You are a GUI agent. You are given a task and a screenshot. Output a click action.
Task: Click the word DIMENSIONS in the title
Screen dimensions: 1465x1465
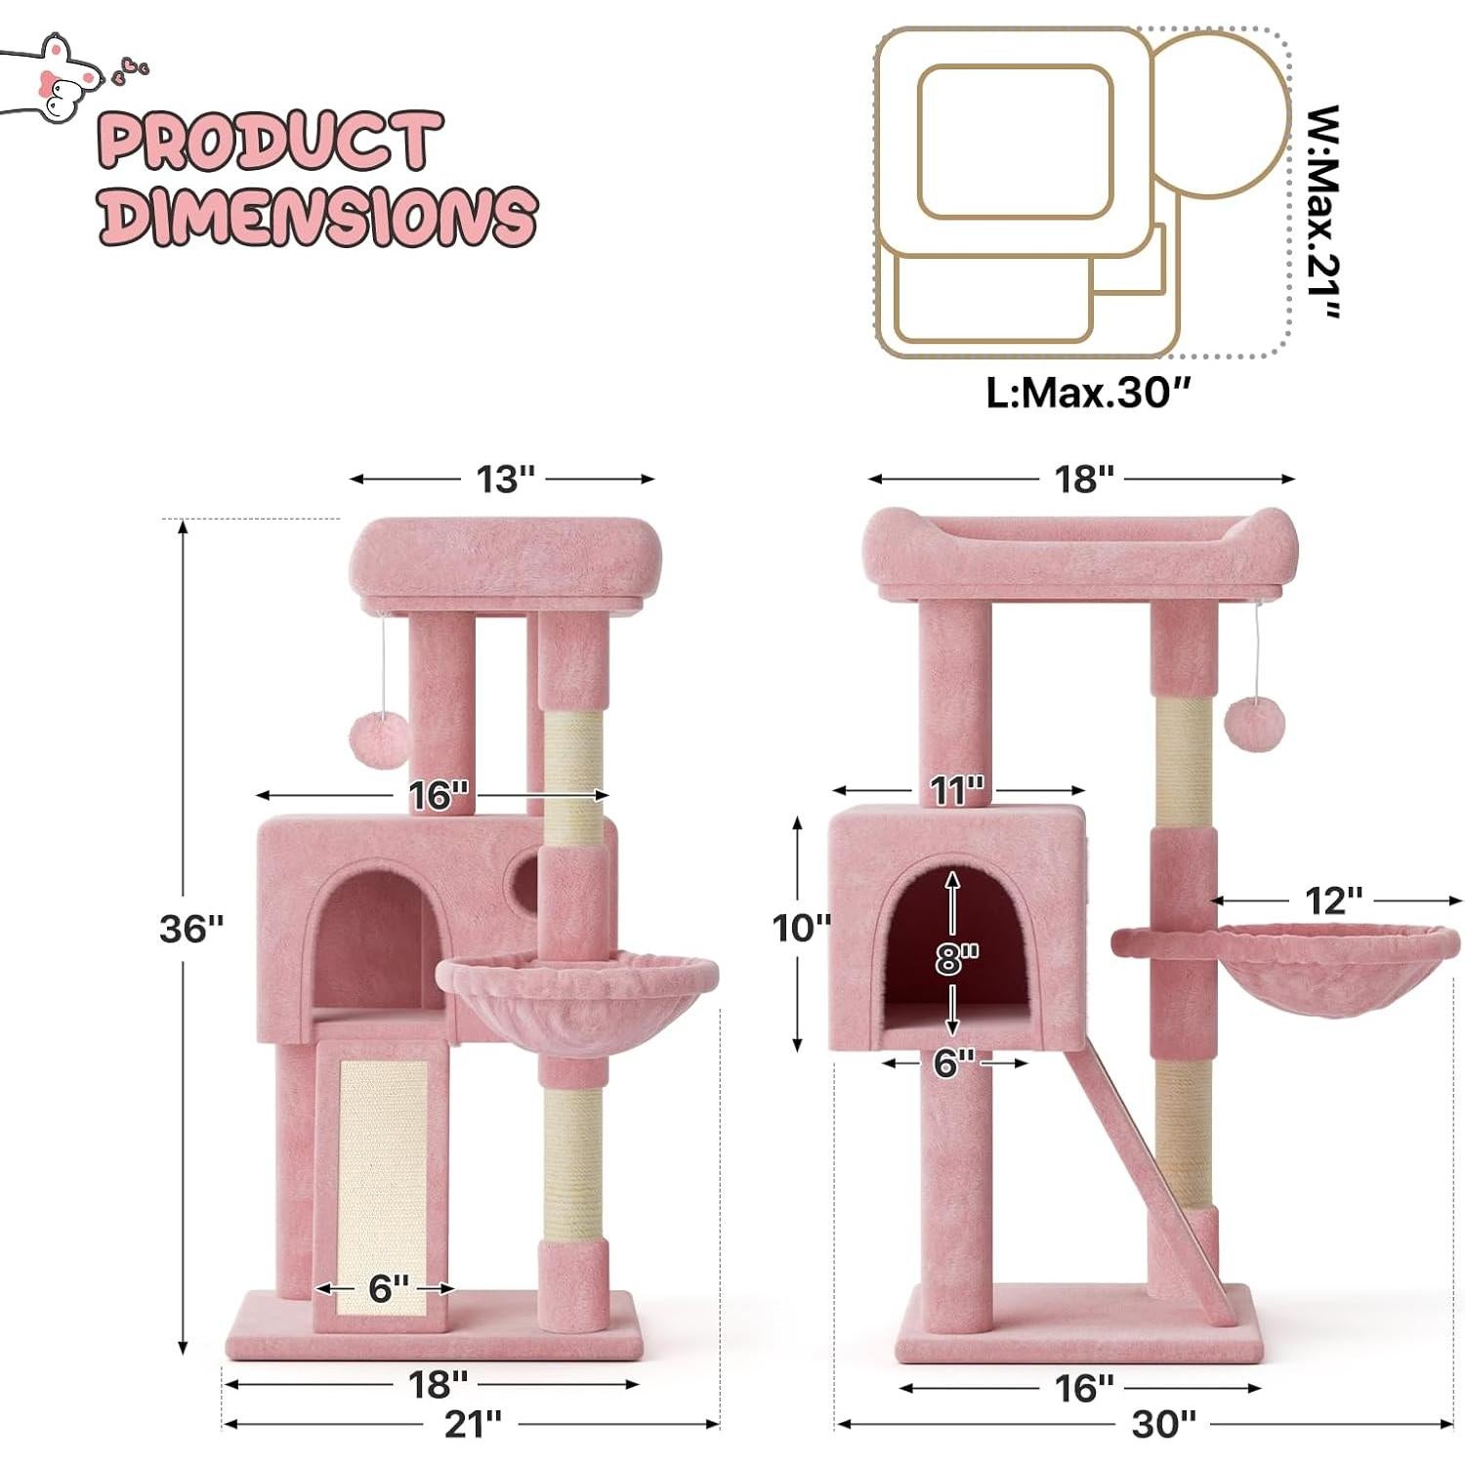(317, 215)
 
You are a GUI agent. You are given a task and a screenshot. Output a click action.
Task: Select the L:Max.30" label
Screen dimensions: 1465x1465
(1088, 393)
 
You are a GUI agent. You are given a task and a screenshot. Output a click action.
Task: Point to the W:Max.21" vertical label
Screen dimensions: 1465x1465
(1324, 212)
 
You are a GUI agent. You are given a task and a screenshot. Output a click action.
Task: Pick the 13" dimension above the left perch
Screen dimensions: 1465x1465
(505, 479)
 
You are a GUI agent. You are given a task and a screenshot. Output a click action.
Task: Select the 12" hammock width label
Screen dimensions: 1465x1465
(1334, 900)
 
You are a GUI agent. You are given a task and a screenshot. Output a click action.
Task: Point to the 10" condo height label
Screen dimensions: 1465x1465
(801, 927)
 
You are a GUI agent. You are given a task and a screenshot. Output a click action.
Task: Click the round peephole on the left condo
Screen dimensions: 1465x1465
(524, 882)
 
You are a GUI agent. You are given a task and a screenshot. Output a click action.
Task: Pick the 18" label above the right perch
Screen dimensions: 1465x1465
(1083, 479)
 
